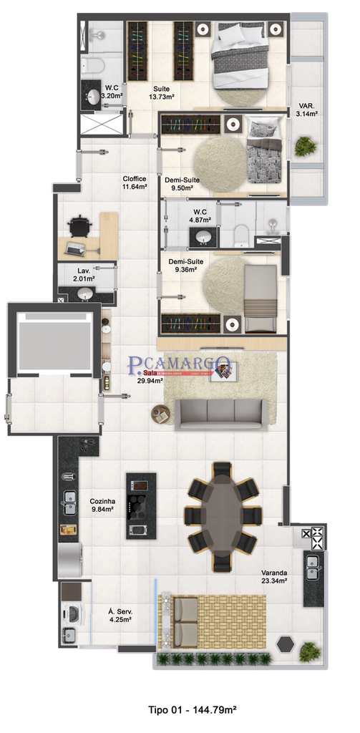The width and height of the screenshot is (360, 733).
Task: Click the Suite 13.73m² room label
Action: tap(162, 92)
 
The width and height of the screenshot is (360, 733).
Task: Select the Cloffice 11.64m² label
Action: tap(135, 183)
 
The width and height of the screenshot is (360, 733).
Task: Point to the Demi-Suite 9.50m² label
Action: tap(182, 185)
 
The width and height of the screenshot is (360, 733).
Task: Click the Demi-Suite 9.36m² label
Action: tap(185, 266)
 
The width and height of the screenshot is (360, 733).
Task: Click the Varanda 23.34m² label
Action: tap(274, 577)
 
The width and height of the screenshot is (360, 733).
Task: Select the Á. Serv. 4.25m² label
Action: tap(120, 616)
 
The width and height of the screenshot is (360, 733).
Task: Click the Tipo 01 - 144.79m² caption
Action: tap(193, 710)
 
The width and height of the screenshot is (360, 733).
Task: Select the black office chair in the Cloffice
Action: tap(79, 227)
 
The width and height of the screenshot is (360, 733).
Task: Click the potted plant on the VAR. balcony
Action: tap(306, 147)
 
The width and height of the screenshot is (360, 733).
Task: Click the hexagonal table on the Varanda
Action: tap(286, 644)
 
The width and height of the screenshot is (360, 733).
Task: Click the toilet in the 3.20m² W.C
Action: tap(92, 67)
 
